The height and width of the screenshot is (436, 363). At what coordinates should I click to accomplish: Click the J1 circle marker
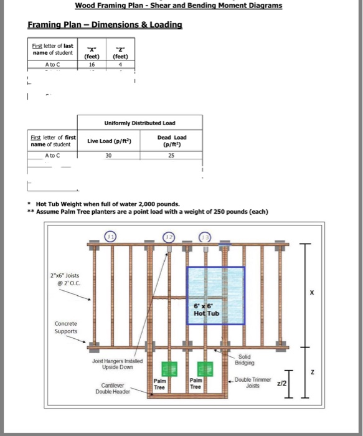[110, 237]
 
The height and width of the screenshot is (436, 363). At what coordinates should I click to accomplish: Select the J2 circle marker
[169, 237]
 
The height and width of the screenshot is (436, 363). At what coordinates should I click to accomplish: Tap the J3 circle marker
[205, 237]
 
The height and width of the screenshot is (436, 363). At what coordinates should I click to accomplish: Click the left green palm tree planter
[169, 369]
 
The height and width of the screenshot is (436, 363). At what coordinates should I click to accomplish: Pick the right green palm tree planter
[205, 369]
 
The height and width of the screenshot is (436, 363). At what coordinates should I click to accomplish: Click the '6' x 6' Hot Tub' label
[207, 310]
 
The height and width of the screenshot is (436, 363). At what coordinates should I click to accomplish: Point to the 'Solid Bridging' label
[244, 359]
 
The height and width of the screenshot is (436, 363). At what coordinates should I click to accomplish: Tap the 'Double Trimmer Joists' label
[253, 382]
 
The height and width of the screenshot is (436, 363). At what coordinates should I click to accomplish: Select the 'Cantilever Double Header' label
[113, 389]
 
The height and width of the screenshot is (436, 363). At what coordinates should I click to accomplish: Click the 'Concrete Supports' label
[66, 327]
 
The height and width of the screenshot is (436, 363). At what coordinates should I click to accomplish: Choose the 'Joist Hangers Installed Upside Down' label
[117, 364]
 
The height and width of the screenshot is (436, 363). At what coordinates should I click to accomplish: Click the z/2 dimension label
[281, 383]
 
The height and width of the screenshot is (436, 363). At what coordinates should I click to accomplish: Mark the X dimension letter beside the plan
[312, 293]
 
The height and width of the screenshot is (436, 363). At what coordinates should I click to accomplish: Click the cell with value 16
[92, 65]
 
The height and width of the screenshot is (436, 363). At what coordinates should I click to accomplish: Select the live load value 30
[108, 156]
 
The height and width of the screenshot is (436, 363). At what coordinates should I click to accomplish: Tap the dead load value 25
[171, 156]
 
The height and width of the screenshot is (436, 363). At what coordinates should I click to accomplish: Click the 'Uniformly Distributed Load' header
[140, 123]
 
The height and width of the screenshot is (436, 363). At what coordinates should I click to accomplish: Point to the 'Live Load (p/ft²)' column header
[109, 141]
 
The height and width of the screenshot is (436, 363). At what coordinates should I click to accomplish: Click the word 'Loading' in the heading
[166, 25]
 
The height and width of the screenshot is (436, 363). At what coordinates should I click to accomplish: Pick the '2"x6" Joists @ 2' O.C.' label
[65, 280]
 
